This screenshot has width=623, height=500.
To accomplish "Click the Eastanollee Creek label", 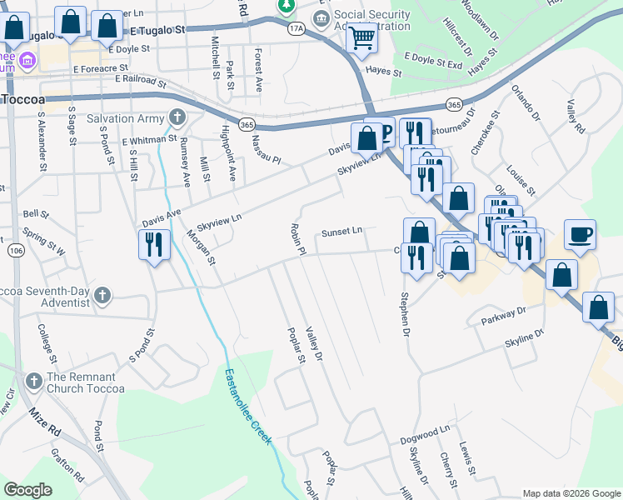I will [x=250, y=407].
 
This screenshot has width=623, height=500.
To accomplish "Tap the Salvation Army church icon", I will [x=176, y=117].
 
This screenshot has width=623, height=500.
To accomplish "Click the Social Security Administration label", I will [x=372, y=20].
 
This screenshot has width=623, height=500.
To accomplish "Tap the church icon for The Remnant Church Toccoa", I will [x=34, y=381].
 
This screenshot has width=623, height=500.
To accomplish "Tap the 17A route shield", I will [x=296, y=27].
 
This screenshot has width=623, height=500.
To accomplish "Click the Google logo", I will [x=28, y=490].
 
